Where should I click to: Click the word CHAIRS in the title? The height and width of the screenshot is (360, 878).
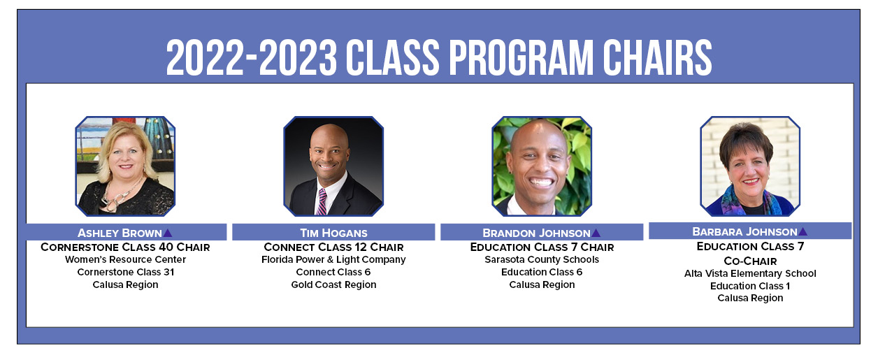[x=657, y=58]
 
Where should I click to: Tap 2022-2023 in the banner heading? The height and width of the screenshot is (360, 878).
[x=251, y=58]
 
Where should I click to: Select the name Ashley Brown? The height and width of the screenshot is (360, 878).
[x=120, y=233]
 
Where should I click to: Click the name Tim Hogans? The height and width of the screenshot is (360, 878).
[x=333, y=233]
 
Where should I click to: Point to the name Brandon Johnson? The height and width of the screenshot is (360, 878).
[x=536, y=233]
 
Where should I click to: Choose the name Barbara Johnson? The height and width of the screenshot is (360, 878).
[x=744, y=232]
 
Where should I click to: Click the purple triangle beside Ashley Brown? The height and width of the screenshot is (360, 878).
[x=167, y=233]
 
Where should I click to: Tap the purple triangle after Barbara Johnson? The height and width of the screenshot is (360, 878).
[x=803, y=232]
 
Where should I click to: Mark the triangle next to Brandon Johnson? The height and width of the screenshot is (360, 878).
[x=596, y=233]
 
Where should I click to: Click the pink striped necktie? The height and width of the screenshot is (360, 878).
[x=322, y=201]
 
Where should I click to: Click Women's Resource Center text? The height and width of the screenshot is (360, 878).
[x=125, y=259]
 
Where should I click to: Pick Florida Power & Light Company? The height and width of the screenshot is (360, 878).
[x=333, y=259]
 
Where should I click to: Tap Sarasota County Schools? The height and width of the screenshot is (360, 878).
[x=542, y=259]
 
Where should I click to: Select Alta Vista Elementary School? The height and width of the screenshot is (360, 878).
[x=750, y=273]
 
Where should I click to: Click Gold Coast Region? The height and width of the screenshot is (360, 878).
[x=333, y=285]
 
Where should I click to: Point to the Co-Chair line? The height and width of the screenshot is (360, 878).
[x=750, y=261]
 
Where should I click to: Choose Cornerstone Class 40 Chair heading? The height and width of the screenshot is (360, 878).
[x=125, y=247]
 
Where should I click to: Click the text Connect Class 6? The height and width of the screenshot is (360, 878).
[x=333, y=272]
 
